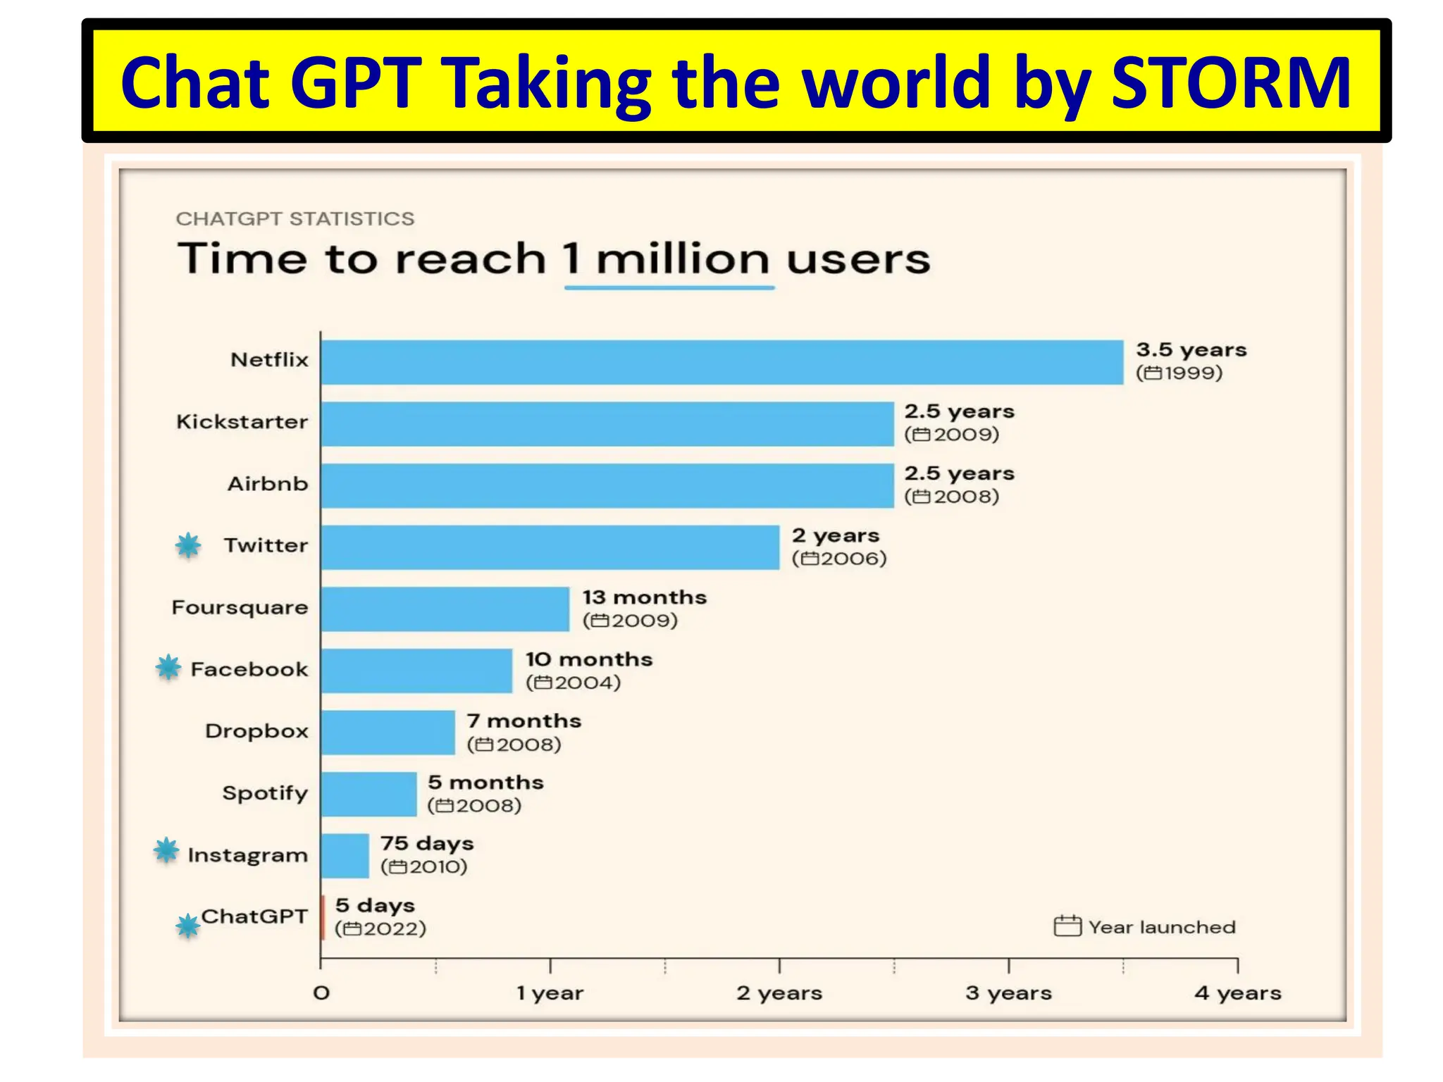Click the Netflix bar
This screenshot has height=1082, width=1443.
click(x=721, y=362)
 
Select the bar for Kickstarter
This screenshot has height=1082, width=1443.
click(x=607, y=424)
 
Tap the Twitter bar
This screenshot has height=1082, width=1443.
click(x=550, y=547)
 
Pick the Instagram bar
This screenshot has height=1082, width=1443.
click(x=345, y=856)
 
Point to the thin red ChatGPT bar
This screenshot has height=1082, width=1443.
click(x=323, y=917)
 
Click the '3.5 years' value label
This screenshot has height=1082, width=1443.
click(x=1191, y=350)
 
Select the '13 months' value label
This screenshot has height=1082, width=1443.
click(x=644, y=597)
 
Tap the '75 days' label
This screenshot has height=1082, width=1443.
click(x=427, y=843)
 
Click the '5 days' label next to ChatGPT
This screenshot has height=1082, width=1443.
click(x=375, y=905)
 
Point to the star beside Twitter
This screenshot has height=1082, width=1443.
click(x=188, y=545)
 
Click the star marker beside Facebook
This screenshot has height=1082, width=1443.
click(x=168, y=667)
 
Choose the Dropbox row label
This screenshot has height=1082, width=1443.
click(x=256, y=731)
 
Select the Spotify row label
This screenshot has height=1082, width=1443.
click(x=265, y=793)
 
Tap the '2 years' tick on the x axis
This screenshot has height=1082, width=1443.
click(x=779, y=993)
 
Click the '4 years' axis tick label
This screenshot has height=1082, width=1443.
click(x=1237, y=993)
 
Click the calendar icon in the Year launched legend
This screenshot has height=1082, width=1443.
click(x=1067, y=926)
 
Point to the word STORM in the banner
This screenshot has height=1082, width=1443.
click(x=1230, y=83)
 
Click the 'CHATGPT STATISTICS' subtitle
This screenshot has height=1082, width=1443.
click(x=295, y=219)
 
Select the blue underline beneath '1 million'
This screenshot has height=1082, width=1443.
click(x=669, y=287)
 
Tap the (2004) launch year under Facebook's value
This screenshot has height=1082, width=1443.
click(x=574, y=683)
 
